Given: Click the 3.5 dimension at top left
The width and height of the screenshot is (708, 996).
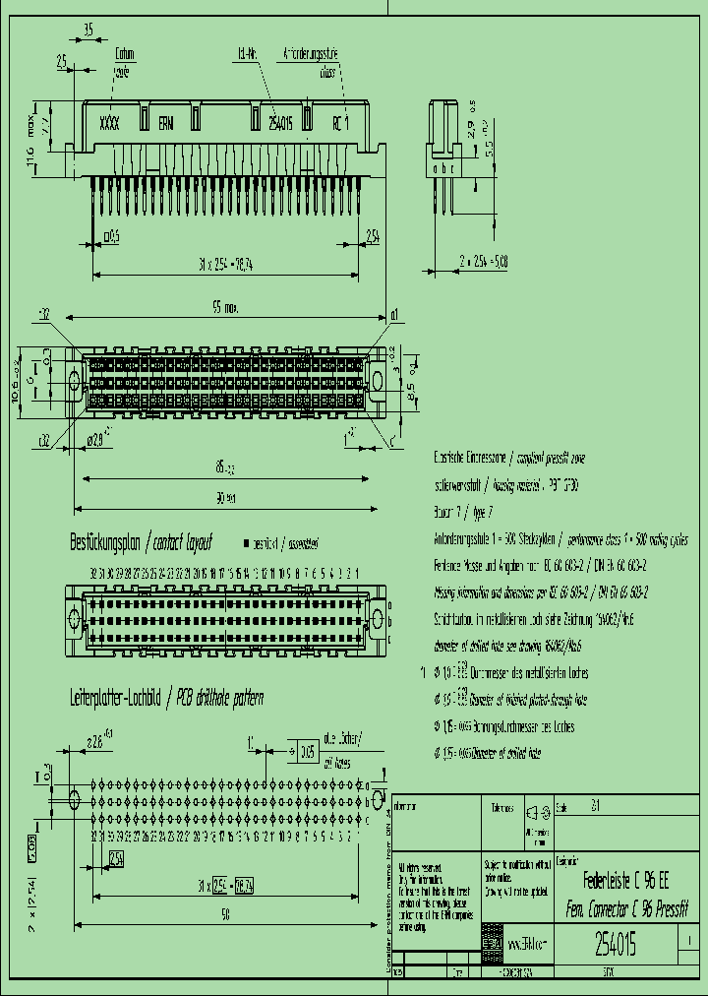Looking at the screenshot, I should pyautogui.click(x=88, y=31).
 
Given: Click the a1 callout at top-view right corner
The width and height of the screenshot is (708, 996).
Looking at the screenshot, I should pyautogui.click(x=393, y=315).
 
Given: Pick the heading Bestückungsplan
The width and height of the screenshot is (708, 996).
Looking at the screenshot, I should pyautogui.click(x=106, y=542).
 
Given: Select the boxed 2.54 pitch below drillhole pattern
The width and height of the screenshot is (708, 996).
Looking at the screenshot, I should pyautogui.click(x=116, y=858).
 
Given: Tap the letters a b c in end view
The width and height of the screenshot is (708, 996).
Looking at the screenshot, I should pyautogui.click(x=445, y=168).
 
